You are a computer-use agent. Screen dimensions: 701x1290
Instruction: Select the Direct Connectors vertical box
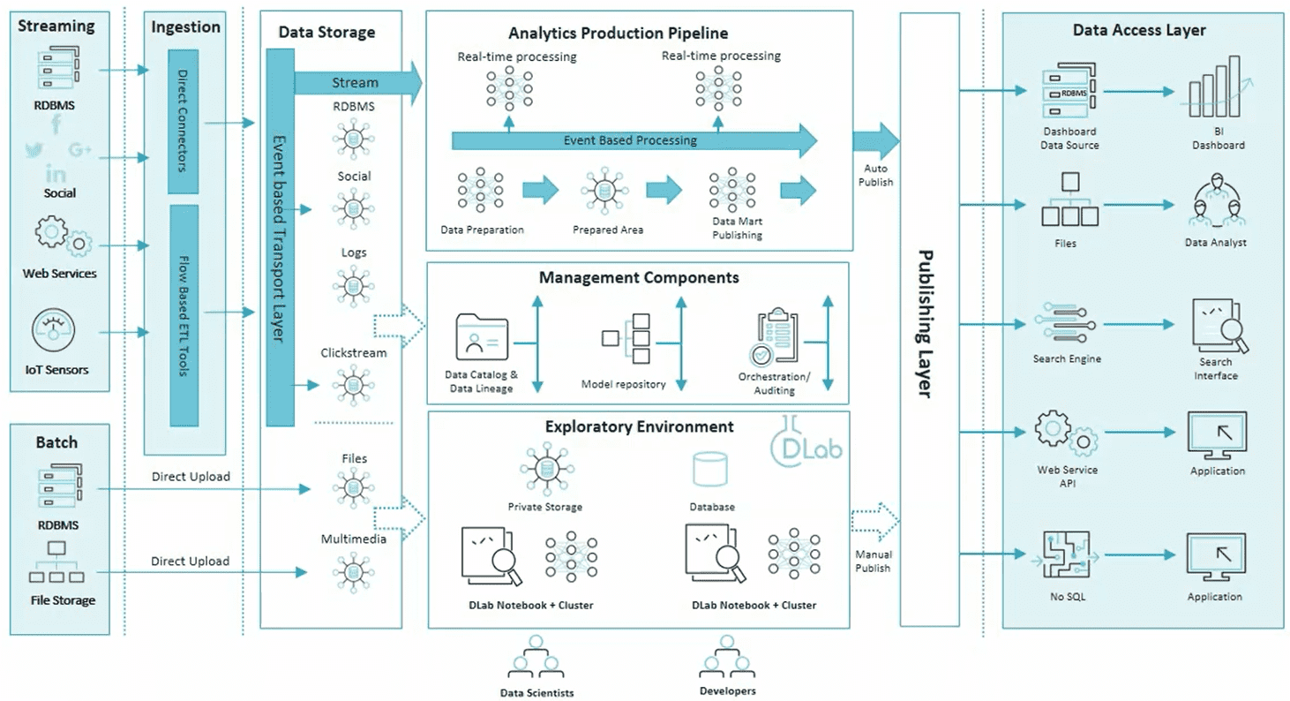[x=184, y=120]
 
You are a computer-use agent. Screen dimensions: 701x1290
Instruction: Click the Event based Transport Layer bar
[x=279, y=237]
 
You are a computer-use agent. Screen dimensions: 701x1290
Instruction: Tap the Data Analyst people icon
[x=1216, y=205]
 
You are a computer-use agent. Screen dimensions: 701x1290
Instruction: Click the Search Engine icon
[x=1065, y=327]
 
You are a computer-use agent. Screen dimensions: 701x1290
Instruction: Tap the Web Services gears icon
[x=59, y=236]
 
